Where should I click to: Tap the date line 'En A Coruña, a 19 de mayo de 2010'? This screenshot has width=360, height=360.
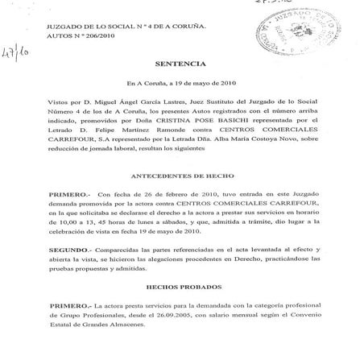[x=180, y=84]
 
